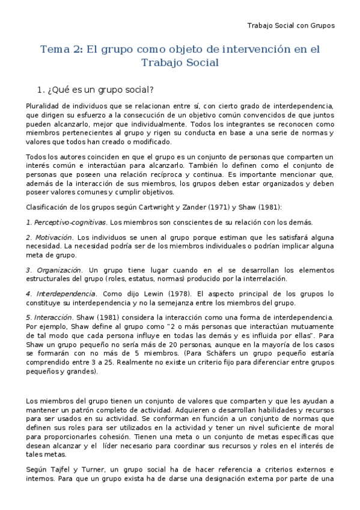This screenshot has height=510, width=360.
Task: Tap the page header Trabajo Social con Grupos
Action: coord(291,25)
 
